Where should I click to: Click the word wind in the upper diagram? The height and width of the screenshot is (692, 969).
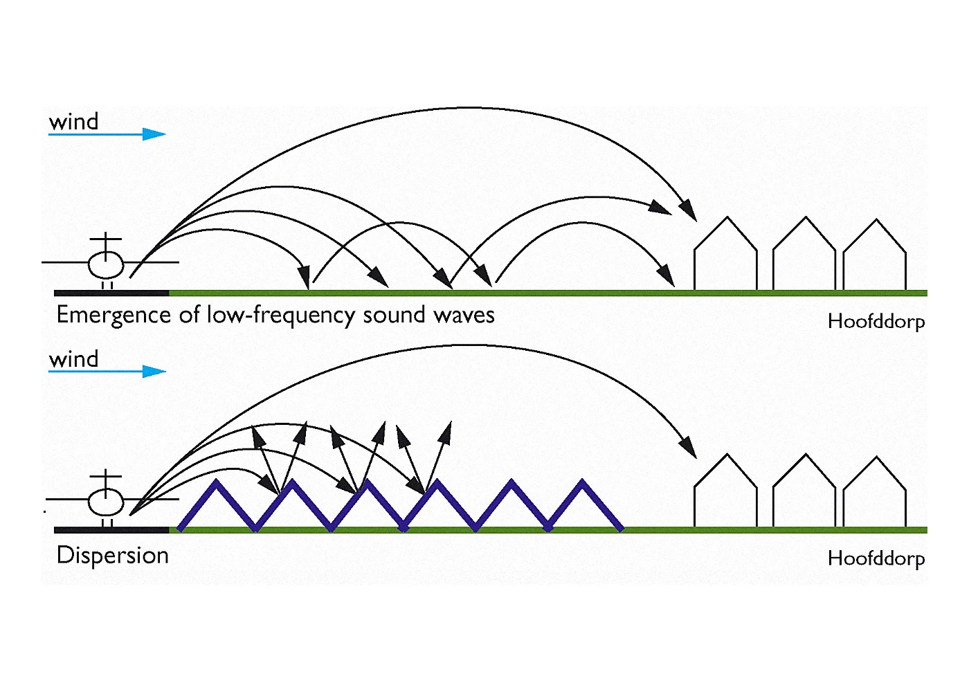[x=73, y=122]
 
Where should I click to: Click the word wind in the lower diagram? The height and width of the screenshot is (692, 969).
[x=73, y=359]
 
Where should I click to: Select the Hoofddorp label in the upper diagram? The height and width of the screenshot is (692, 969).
[x=876, y=322]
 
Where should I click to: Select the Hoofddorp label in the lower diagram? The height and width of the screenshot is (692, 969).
[x=876, y=558]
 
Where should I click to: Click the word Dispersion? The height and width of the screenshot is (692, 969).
[x=113, y=556]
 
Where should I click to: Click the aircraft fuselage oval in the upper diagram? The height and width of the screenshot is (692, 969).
[x=106, y=264]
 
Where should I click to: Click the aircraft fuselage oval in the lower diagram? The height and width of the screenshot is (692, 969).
[x=106, y=501]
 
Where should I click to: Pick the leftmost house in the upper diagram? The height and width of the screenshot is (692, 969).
[x=725, y=256]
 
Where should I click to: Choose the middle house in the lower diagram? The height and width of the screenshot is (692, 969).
[x=804, y=493]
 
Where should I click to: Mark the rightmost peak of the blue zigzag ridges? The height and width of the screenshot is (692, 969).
[x=583, y=482]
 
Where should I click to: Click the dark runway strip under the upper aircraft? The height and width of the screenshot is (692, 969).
[x=111, y=293]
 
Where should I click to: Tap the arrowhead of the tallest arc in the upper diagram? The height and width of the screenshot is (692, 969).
[x=689, y=210]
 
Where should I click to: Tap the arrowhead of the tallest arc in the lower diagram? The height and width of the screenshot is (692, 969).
[x=689, y=448]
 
